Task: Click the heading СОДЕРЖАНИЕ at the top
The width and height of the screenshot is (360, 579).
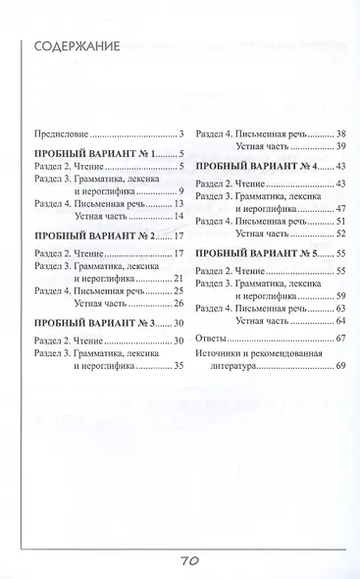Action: point(77,46)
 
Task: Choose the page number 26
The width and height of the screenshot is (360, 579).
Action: point(179,302)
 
